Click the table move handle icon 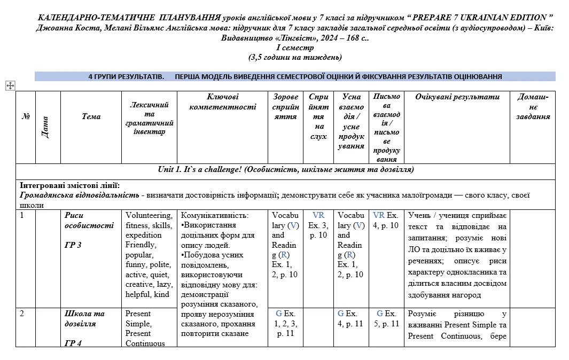point(10,85)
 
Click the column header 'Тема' point(91,116)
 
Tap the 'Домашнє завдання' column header point(533,107)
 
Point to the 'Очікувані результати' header point(457,97)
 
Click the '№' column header point(25,116)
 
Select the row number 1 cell point(22,215)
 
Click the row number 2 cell point(22,314)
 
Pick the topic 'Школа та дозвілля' point(84,318)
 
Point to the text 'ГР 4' point(73,343)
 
